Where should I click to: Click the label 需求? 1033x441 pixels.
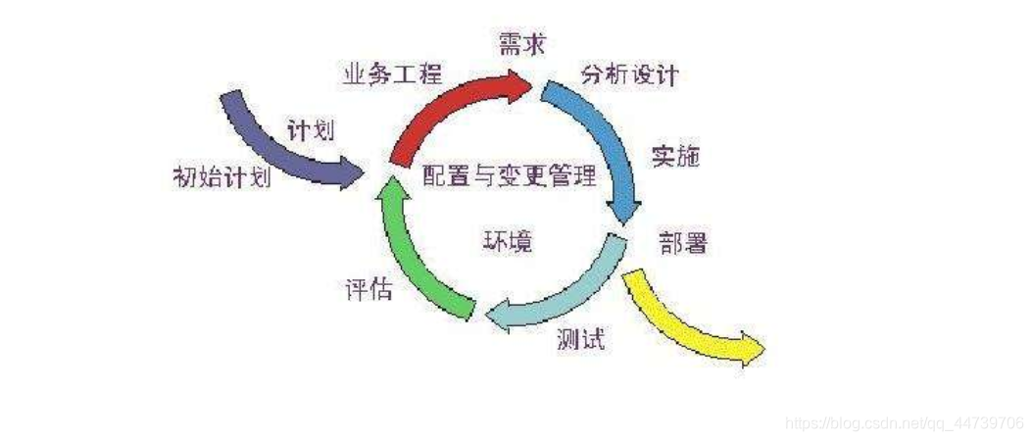[520, 44]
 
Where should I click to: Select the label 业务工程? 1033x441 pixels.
[392, 73]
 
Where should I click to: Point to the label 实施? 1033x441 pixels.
[675, 156]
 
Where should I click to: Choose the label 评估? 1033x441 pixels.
[369, 290]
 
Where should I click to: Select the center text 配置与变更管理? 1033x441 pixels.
[510, 176]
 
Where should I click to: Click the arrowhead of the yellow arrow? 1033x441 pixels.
[751, 348]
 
